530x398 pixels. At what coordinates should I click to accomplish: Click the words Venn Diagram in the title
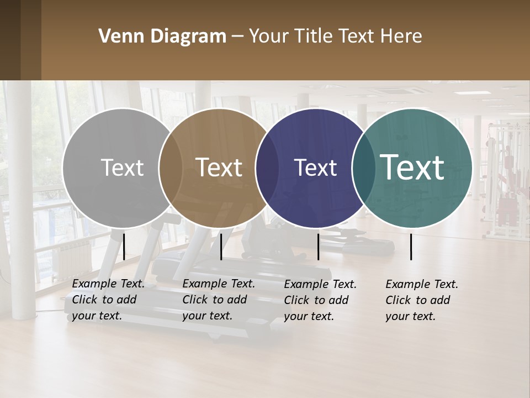pyautogui.click(x=162, y=36)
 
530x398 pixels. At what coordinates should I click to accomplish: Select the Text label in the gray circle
pyautogui.click(x=122, y=167)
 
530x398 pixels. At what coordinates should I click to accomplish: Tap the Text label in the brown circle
pyautogui.click(x=219, y=167)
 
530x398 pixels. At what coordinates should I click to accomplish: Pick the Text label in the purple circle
pyautogui.click(x=315, y=167)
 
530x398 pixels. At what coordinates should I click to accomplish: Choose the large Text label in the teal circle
pyautogui.click(x=412, y=167)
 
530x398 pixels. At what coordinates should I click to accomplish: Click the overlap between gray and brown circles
pyautogui.click(x=171, y=167)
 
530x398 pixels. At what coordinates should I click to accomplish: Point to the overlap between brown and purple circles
pyautogui.click(x=267, y=167)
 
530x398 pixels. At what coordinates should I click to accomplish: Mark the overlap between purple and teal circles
pyautogui.click(x=363, y=167)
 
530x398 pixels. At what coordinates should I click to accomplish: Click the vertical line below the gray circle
pyautogui.click(x=124, y=247)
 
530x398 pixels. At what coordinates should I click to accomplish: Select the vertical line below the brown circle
pyautogui.click(x=221, y=247)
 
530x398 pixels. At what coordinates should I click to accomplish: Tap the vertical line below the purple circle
pyautogui.click(x=318, y=247)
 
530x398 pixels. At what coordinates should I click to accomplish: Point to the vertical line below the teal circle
pyautogui.click(x=411, y=247)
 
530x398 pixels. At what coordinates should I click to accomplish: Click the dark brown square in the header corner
pyautogui.click(x=20, y=40)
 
